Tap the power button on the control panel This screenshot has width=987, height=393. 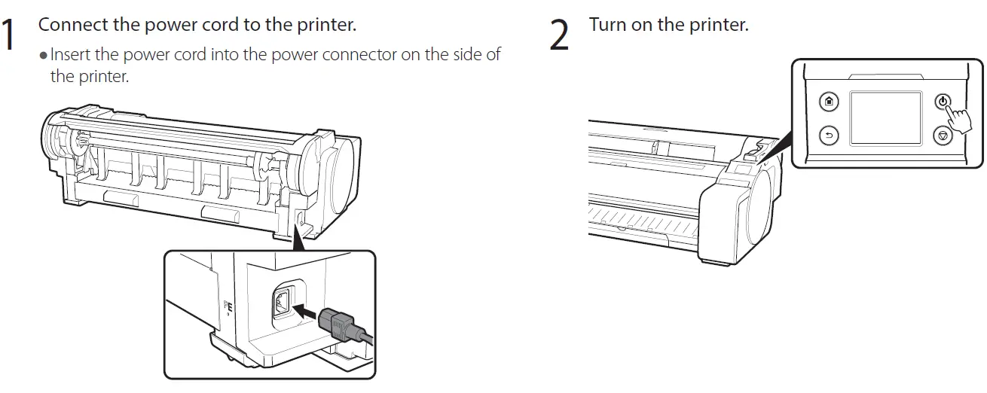click(943, 101)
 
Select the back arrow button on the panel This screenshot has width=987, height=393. click(829, 136)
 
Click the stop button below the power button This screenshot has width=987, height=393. click(943, 136)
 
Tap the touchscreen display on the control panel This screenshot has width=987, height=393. click(886, 118)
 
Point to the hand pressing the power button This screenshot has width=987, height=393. click(958, 120)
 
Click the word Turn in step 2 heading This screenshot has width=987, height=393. click(607, 24)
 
